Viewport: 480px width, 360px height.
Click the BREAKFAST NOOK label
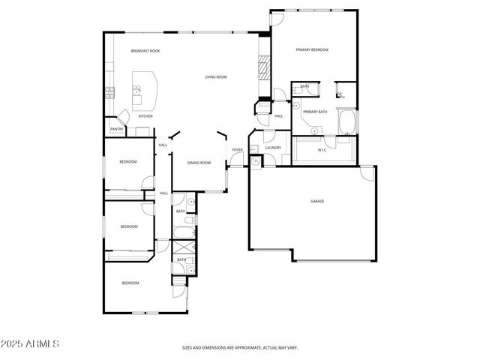click(145, 51)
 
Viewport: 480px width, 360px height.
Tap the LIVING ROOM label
click(216, 77)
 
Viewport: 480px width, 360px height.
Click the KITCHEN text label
click(145, 116)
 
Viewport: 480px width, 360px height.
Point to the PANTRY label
click(116, 130)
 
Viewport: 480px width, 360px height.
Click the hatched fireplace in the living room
click(262, 68)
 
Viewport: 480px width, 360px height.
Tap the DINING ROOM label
click(199, 163)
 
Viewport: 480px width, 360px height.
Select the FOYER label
click(237, 150)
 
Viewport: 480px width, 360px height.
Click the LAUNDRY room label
click(273, 148)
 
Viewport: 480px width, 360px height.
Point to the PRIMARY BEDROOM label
click(312, 49)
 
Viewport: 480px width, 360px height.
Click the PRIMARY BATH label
click(315, 112)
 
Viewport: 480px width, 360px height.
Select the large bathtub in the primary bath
click(347, 122)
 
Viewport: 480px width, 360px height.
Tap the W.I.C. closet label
click(322, 150)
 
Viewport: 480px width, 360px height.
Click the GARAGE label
click(317, 202)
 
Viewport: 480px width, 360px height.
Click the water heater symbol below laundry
click(256, 160)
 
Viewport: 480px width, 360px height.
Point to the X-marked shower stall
click(182, 249)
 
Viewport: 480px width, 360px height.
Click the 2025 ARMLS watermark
click(31, 343)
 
